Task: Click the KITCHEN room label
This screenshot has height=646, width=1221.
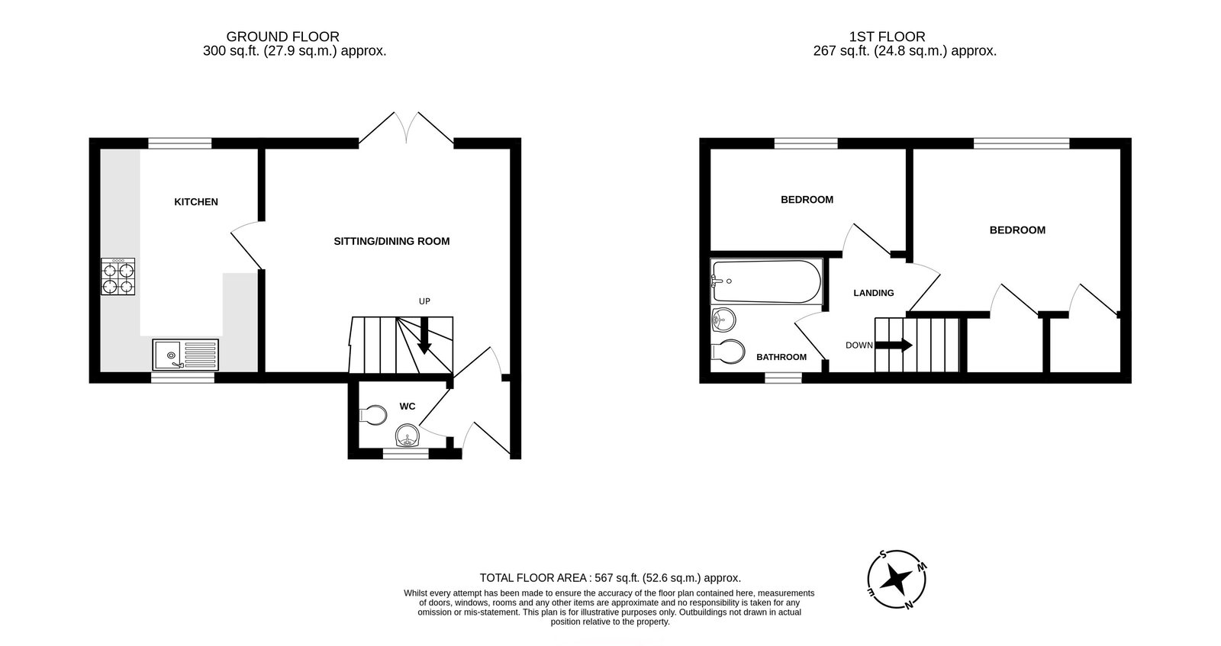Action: click(196, 202)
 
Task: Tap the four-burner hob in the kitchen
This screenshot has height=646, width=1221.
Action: click(118, 277)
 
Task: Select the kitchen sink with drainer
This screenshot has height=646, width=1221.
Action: click(185, 355)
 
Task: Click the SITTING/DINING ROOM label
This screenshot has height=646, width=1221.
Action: click(391, 241)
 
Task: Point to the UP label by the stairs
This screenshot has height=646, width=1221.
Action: click(424, 301)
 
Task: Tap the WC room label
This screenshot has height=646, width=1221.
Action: click(408, 407)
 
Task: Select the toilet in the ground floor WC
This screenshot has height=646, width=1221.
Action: click(372, 416)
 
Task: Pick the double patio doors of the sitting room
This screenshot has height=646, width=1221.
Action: click(407, 127)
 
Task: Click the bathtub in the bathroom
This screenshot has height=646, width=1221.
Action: click(765, 281)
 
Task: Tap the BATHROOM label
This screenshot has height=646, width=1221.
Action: click(781, 357)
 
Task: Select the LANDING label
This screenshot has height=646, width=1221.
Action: click(873, 293)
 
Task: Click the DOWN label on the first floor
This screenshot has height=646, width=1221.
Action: click(859, 345)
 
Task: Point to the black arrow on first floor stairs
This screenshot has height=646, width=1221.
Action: click(894, 345)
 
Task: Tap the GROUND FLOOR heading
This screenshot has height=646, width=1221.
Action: click(282, 37)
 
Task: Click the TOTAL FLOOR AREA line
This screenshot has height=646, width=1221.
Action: click(610, 578)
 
